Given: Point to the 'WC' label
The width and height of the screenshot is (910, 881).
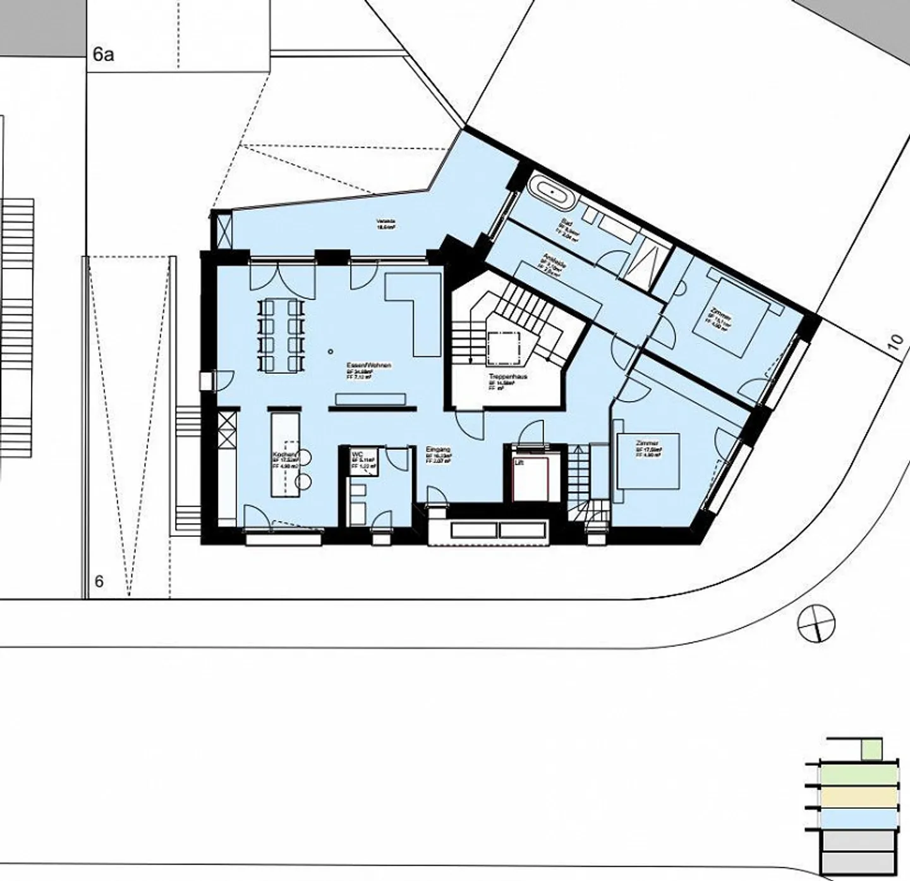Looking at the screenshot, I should point(357,454).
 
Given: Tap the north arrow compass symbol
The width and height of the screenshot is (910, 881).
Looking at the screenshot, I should point(816,622).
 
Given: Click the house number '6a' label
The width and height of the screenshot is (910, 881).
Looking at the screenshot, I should point(103,55).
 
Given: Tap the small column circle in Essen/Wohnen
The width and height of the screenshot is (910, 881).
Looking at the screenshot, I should point(330,351).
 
